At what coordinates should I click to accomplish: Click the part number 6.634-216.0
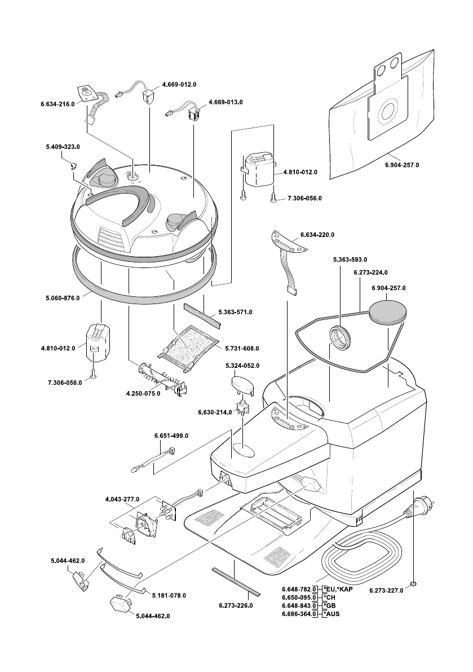click(x=57, y=104)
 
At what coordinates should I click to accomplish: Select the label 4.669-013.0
click(x=226, y=103)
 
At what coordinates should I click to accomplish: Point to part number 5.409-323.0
click(x=63, y=147)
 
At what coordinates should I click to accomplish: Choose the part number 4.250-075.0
click(x=143, y=393)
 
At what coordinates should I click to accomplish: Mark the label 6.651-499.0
click(x=171, y=436)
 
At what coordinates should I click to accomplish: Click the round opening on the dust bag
click(x=388, y=112)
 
